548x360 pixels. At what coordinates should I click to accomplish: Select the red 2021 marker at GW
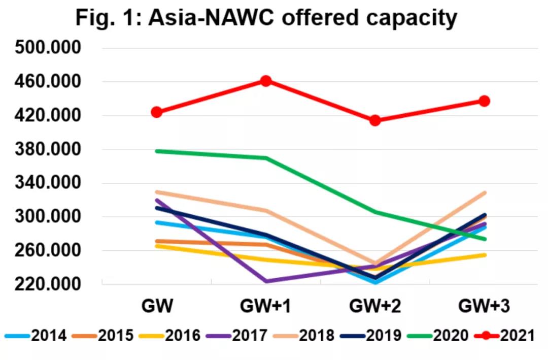[157, 112]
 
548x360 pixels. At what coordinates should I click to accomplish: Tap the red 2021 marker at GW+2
[375, 120]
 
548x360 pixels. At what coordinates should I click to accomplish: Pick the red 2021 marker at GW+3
[485, 101]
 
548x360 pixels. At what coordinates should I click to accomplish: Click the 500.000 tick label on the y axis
[48, 48]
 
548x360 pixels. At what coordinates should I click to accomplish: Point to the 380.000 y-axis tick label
[48, 150]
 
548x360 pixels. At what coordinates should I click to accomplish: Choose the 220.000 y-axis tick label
[48, 284]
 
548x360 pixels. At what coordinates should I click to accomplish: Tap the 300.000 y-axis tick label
[48, 217]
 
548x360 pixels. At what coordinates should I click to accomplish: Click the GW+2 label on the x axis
[375, 307]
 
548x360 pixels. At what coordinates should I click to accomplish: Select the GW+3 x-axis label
[484, 307]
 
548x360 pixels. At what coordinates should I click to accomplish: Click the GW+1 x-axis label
[265, 307]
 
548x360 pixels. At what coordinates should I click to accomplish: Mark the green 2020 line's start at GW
[157, 151]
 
